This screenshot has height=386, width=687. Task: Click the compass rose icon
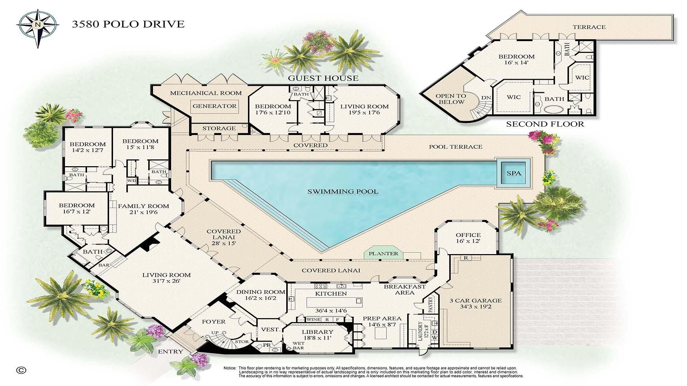click(x=37, y=25)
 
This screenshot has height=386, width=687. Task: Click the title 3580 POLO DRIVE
click(x=128, y=24)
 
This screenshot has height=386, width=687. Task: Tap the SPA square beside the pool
click(x=514, y=173)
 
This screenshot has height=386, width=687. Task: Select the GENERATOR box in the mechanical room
click(x=214, y=106)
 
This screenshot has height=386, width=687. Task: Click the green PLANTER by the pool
click(x=383, y=254)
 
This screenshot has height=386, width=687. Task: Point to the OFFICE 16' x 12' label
click(x=468, y=238)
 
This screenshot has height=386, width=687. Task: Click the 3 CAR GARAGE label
click(x=476, y=303)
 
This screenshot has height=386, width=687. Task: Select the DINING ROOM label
click(x=260, y=295)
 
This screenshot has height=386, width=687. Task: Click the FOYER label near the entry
click(x=214, y=322)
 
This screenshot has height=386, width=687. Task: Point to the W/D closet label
click(x=132, y=180)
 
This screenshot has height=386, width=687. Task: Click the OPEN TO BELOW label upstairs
click(x=450, y=99)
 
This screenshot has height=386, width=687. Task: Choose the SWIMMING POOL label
click(x=343, y=192)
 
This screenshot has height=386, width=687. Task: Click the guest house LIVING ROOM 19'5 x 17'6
click(x=364, y=109)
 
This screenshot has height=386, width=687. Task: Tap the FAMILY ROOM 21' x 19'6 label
click(x=143, y=209)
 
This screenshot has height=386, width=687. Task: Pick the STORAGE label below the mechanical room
click(x=219, y=128)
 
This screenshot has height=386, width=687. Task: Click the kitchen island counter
click(x=334, y=302)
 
